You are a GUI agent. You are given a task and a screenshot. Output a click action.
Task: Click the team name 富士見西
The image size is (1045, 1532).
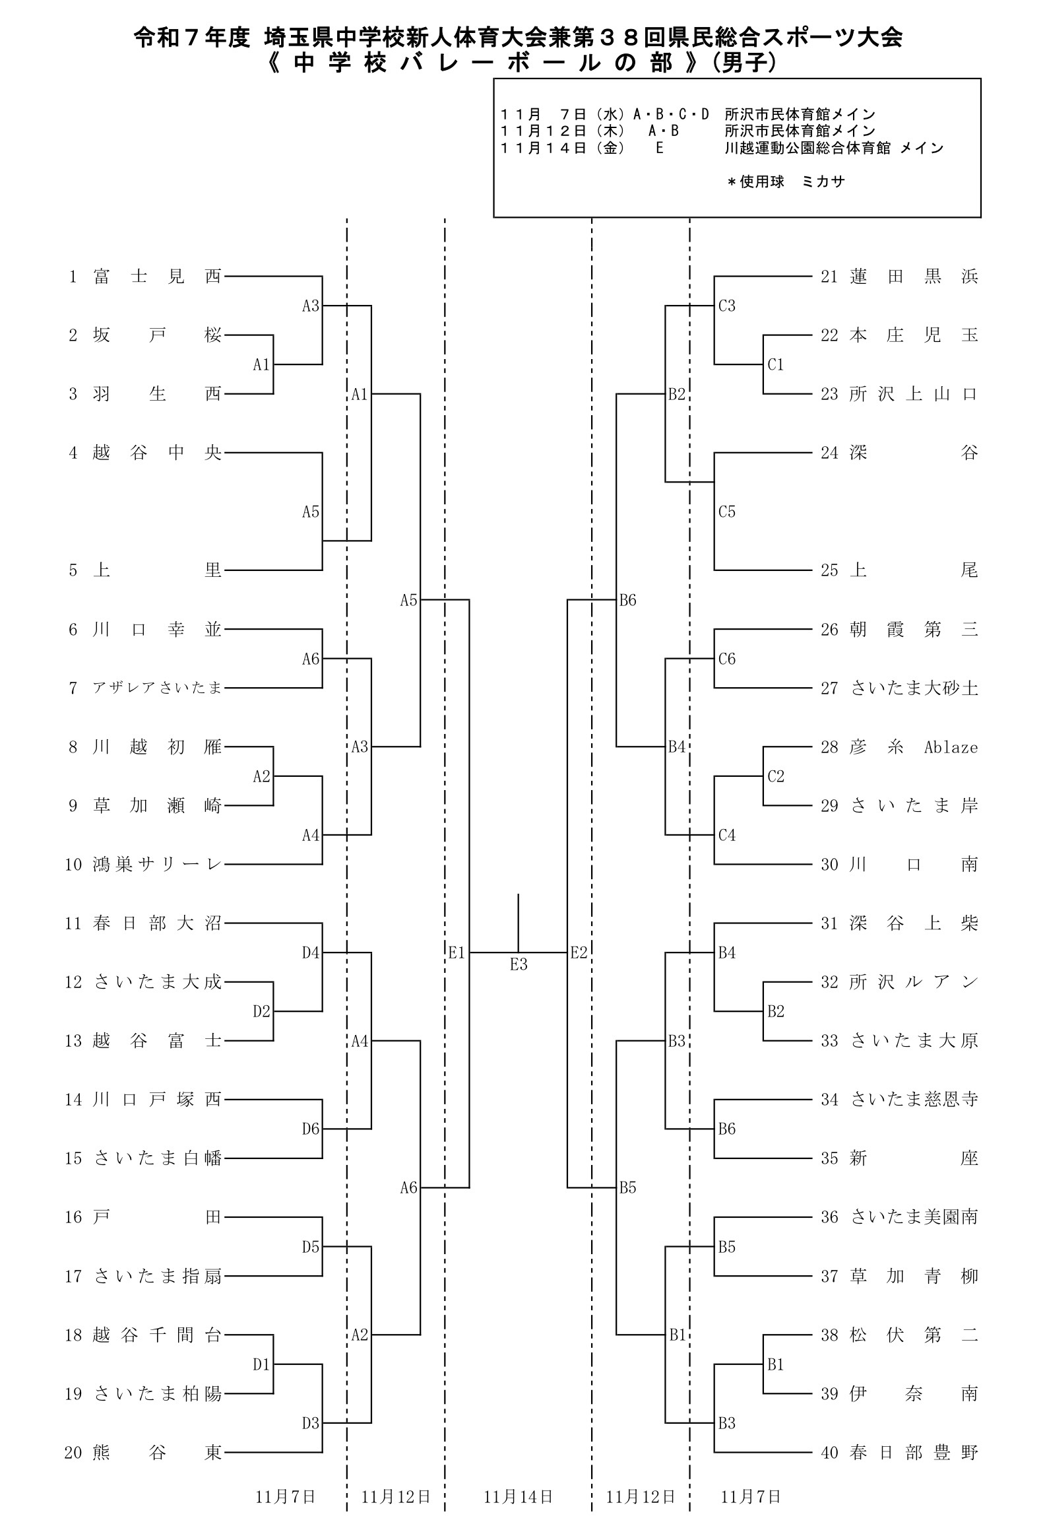pos(157,277)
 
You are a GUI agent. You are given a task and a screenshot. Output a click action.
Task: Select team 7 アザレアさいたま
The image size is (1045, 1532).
pos(157,688)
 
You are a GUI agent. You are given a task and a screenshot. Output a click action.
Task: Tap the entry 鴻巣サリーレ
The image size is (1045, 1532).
pos(157,865)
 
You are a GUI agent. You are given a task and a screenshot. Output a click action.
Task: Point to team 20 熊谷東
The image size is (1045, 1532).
pos(157,1453)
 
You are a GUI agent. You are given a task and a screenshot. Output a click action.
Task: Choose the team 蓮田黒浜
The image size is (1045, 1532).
pos(914,277)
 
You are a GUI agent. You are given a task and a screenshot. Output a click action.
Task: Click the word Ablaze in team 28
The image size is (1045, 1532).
pos(951,747)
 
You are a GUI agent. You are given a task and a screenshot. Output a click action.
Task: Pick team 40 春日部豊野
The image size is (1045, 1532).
pos(914,1453)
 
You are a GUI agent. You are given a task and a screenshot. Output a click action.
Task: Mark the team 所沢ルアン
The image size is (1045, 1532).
pos(914,982)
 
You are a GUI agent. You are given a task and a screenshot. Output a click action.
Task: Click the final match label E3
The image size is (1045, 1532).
pos(519,965)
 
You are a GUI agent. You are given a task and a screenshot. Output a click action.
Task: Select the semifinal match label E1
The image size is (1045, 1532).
pos(457,952)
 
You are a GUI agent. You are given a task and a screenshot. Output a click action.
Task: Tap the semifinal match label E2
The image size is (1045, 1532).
pos(579,952)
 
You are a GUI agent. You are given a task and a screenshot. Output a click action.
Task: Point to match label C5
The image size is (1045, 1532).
pos(726,512)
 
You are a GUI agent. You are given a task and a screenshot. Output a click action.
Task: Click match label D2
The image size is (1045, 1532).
pos(261,1011)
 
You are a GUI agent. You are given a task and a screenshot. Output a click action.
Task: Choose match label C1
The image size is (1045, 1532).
pos(775,364)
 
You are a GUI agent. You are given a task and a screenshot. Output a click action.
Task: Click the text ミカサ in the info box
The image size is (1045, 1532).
pos(823,182)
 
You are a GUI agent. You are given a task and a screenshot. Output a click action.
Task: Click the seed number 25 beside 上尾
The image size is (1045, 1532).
pos(829,570)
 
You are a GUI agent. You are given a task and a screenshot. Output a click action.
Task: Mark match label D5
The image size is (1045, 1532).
pos(310,1247)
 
